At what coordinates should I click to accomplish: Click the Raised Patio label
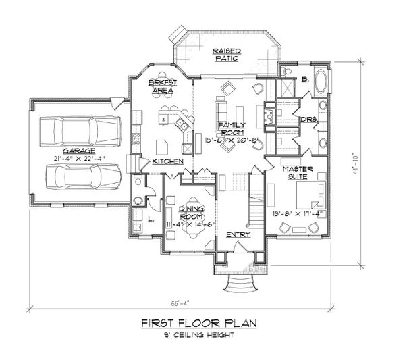pyautogui.click(x=227, y=55)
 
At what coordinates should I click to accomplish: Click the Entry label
pyautogui.click(x=239, y=235)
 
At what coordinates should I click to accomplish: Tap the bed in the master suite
pyautogui.click(x=315, y=197)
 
